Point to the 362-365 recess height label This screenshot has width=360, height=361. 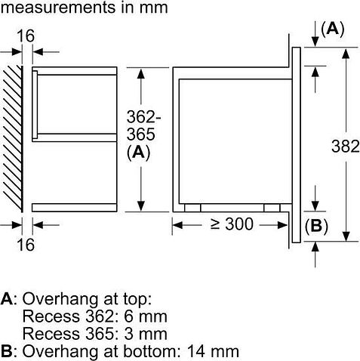point(141,126)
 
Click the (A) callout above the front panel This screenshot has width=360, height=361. point(333,29)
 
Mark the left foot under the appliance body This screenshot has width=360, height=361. point(193,206)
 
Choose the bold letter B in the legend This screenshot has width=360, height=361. point(7,351)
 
